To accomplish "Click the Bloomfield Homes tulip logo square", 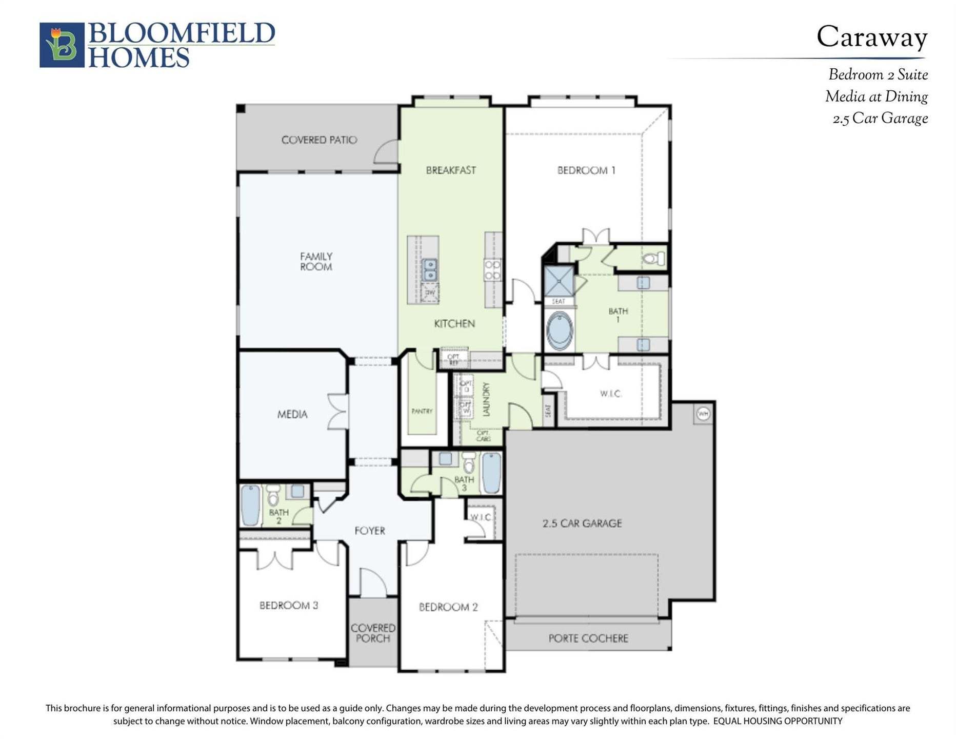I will tap(62, 45).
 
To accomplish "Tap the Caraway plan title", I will tap(871, 37).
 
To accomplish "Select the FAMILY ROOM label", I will tap(316, 261).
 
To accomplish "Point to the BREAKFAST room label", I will tap(451, 170).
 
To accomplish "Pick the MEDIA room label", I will tap(292, 414).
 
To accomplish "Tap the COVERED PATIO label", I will tap(319, 140).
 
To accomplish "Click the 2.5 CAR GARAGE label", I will tap(582, 523).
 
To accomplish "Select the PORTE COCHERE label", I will tap(588, 638).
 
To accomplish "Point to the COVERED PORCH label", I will tap(373, 633).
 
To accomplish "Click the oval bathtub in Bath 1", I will tap(559, 330).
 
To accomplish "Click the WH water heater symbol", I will tap(703, 414).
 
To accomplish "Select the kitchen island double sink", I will tap(430, 270).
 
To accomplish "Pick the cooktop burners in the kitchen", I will tap(492, 270).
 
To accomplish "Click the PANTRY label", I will tap(422, 411).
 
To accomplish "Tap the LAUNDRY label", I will tap(486, 399).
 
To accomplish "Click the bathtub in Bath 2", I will tap(250, 505).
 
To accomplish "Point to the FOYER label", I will tap(369, 531).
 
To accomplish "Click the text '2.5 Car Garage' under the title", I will tap(880, 119).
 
